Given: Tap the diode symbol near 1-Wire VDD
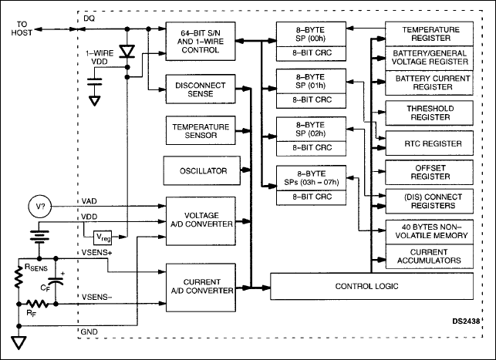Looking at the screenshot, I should tap(128, 51).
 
